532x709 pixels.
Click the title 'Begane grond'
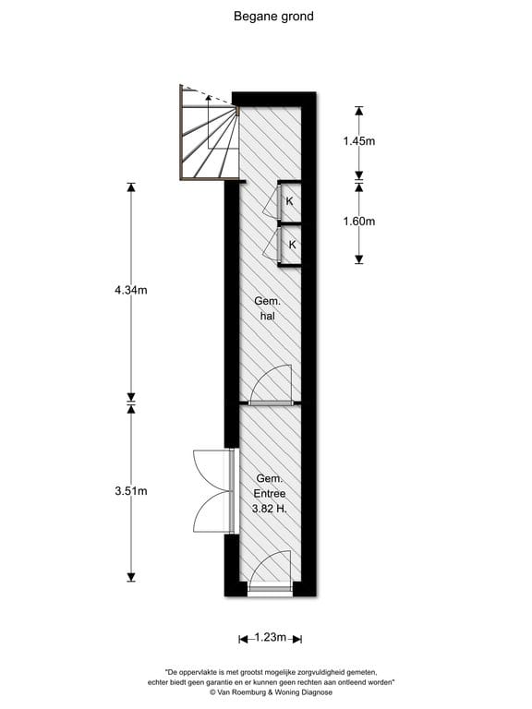(273, 17)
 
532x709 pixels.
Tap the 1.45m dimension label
(358, 141)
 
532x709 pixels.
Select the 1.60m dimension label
(358, 222)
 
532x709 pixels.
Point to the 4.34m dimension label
(131, 290)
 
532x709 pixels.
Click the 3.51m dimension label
(131, 490)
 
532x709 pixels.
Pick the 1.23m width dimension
(271, 638)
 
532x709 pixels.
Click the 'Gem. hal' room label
(267, 308)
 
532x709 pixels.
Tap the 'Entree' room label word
(270, 493)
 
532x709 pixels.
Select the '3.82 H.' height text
(270, 509)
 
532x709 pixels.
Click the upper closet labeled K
(290, 201)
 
